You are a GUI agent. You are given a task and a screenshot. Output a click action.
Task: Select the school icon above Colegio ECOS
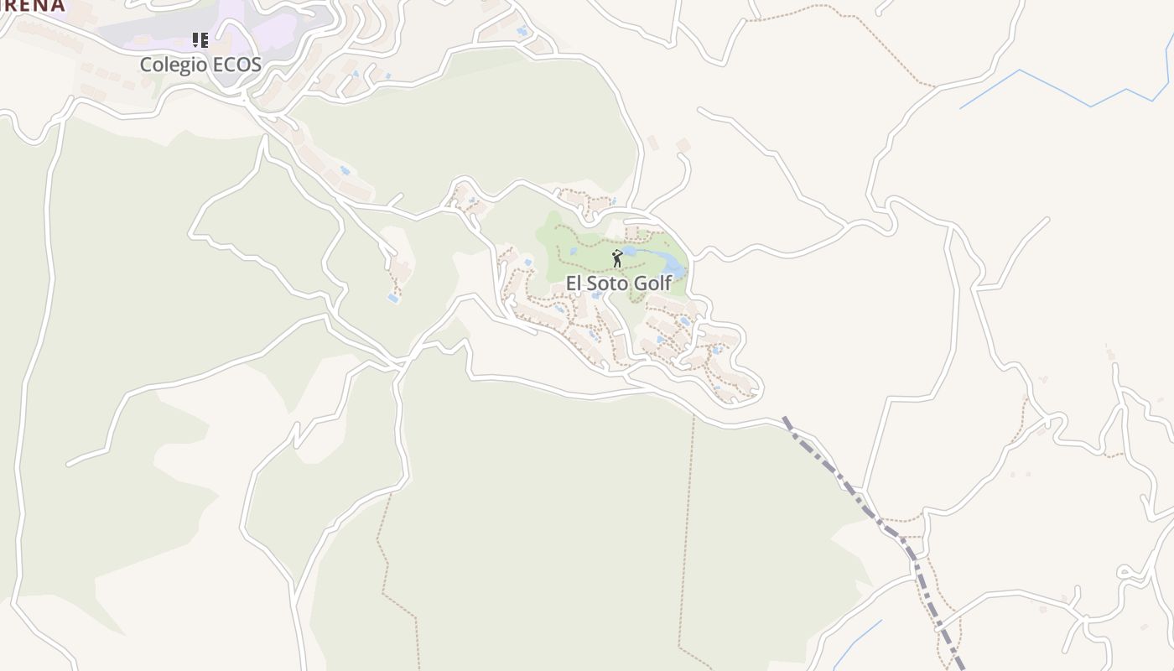[x=200, y=40]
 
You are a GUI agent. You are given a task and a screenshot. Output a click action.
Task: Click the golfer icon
[x=618, y=258]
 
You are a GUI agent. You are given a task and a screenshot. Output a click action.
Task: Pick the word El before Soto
[x=574, y=283]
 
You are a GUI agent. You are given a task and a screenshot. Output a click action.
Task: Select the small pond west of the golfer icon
[x=574, y=252]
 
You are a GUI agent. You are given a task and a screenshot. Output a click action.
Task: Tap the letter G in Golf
[x=639, y=283]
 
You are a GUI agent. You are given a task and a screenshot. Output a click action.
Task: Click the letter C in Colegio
[x=146, y=65]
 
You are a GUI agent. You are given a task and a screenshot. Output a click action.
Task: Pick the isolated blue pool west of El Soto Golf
[x=392, y=298]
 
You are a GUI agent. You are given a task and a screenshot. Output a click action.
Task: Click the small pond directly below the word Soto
[x=596, y=295]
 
